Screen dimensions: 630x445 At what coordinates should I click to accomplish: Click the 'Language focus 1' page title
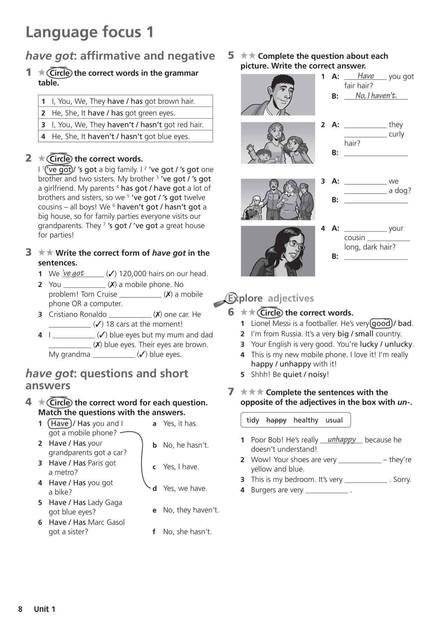tap(90, 32)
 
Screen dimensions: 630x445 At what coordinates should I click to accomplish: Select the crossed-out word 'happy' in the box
tap(276, 420)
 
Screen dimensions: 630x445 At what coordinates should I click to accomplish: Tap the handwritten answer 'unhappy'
tap(341, 439)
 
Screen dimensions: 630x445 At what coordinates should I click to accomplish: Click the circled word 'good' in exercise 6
tap(381, 323)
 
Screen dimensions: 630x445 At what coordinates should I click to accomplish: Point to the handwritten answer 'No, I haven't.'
tap(376, 95)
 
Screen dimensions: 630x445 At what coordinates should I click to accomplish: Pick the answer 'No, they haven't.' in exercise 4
tap(191, 510)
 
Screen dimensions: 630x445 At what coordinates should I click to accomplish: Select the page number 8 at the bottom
tap(20, 609)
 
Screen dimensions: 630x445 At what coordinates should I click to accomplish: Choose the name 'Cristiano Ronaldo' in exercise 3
tap(77, 314)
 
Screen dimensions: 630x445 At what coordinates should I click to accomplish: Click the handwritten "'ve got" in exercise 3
tap(73, 273)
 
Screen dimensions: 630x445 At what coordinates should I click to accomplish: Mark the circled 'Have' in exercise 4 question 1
tap(60, 423)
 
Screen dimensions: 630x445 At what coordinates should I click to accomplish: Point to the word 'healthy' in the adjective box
tap(306, 420)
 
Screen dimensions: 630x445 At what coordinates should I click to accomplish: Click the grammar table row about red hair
tap(125, 124)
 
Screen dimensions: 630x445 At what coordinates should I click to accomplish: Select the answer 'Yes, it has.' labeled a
tap(180, 424)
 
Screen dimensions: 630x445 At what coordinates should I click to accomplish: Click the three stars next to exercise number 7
tap(252, 392)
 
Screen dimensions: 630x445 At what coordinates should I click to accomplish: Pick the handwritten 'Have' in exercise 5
tap(365, 76)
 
